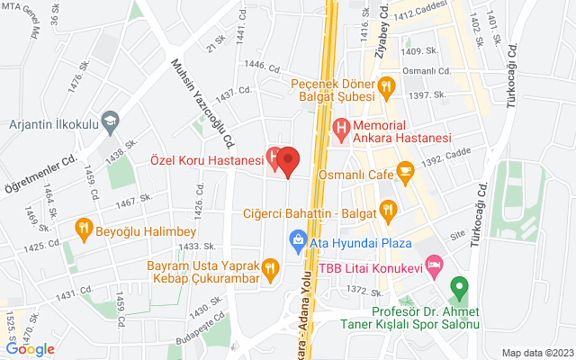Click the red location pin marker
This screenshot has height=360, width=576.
click(x=288, y=160)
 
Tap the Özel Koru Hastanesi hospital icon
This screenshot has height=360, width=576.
click(x=274, y=158)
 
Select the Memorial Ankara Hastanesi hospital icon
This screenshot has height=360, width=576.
click(x=341, y=130)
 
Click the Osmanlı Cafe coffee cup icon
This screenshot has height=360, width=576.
click(x=406, y=168)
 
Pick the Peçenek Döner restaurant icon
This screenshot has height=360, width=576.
click(x=386, y=87)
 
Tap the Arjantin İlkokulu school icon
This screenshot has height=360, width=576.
click(x=110, y=120)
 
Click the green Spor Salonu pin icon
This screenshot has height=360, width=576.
click(x=459, y=290)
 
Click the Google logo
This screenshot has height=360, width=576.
click(x=30, y=348)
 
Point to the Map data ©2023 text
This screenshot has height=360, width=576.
click(x=536, y=353)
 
